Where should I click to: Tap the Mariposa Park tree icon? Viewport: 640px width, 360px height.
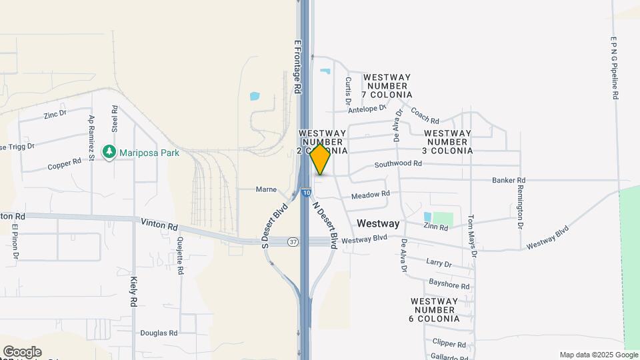(x=109, y=153)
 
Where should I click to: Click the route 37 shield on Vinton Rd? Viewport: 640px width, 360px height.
(x=293, y=241)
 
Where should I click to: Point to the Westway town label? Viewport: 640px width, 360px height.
(x=378, y=223)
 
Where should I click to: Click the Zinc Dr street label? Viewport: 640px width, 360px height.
(x=55, y=114)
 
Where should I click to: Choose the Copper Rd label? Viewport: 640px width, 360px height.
(x=65, y=162)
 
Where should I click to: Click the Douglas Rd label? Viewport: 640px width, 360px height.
(x=159, y=333)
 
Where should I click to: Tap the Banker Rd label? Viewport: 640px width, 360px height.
(x=509, y=180)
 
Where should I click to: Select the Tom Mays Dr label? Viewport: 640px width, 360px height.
(x=471, y=235)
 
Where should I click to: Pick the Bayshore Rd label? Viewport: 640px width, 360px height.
(x=449, y=285)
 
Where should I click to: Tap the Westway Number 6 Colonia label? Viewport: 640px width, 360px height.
(x=435, y=310)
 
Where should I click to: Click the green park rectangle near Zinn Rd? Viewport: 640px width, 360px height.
(x=443, y=218)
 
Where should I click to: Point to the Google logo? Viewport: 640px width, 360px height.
(x=22, y=352)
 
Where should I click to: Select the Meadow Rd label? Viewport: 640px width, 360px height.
(x=370, y=195)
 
